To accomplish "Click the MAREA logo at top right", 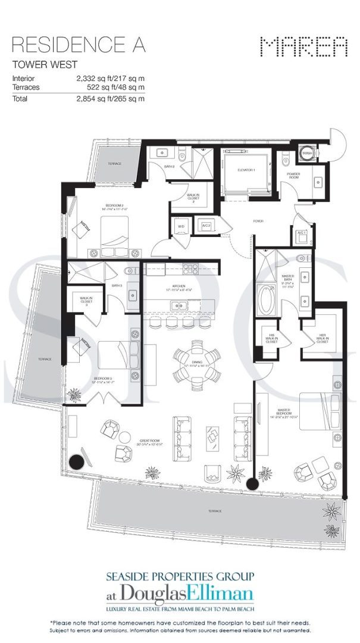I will (303, 46).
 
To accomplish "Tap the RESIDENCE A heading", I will (79, 45).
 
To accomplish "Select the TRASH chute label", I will (307, 153).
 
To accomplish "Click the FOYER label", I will (258, 221).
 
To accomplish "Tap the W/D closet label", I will (181, 226).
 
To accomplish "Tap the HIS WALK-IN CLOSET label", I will (271, 340).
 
